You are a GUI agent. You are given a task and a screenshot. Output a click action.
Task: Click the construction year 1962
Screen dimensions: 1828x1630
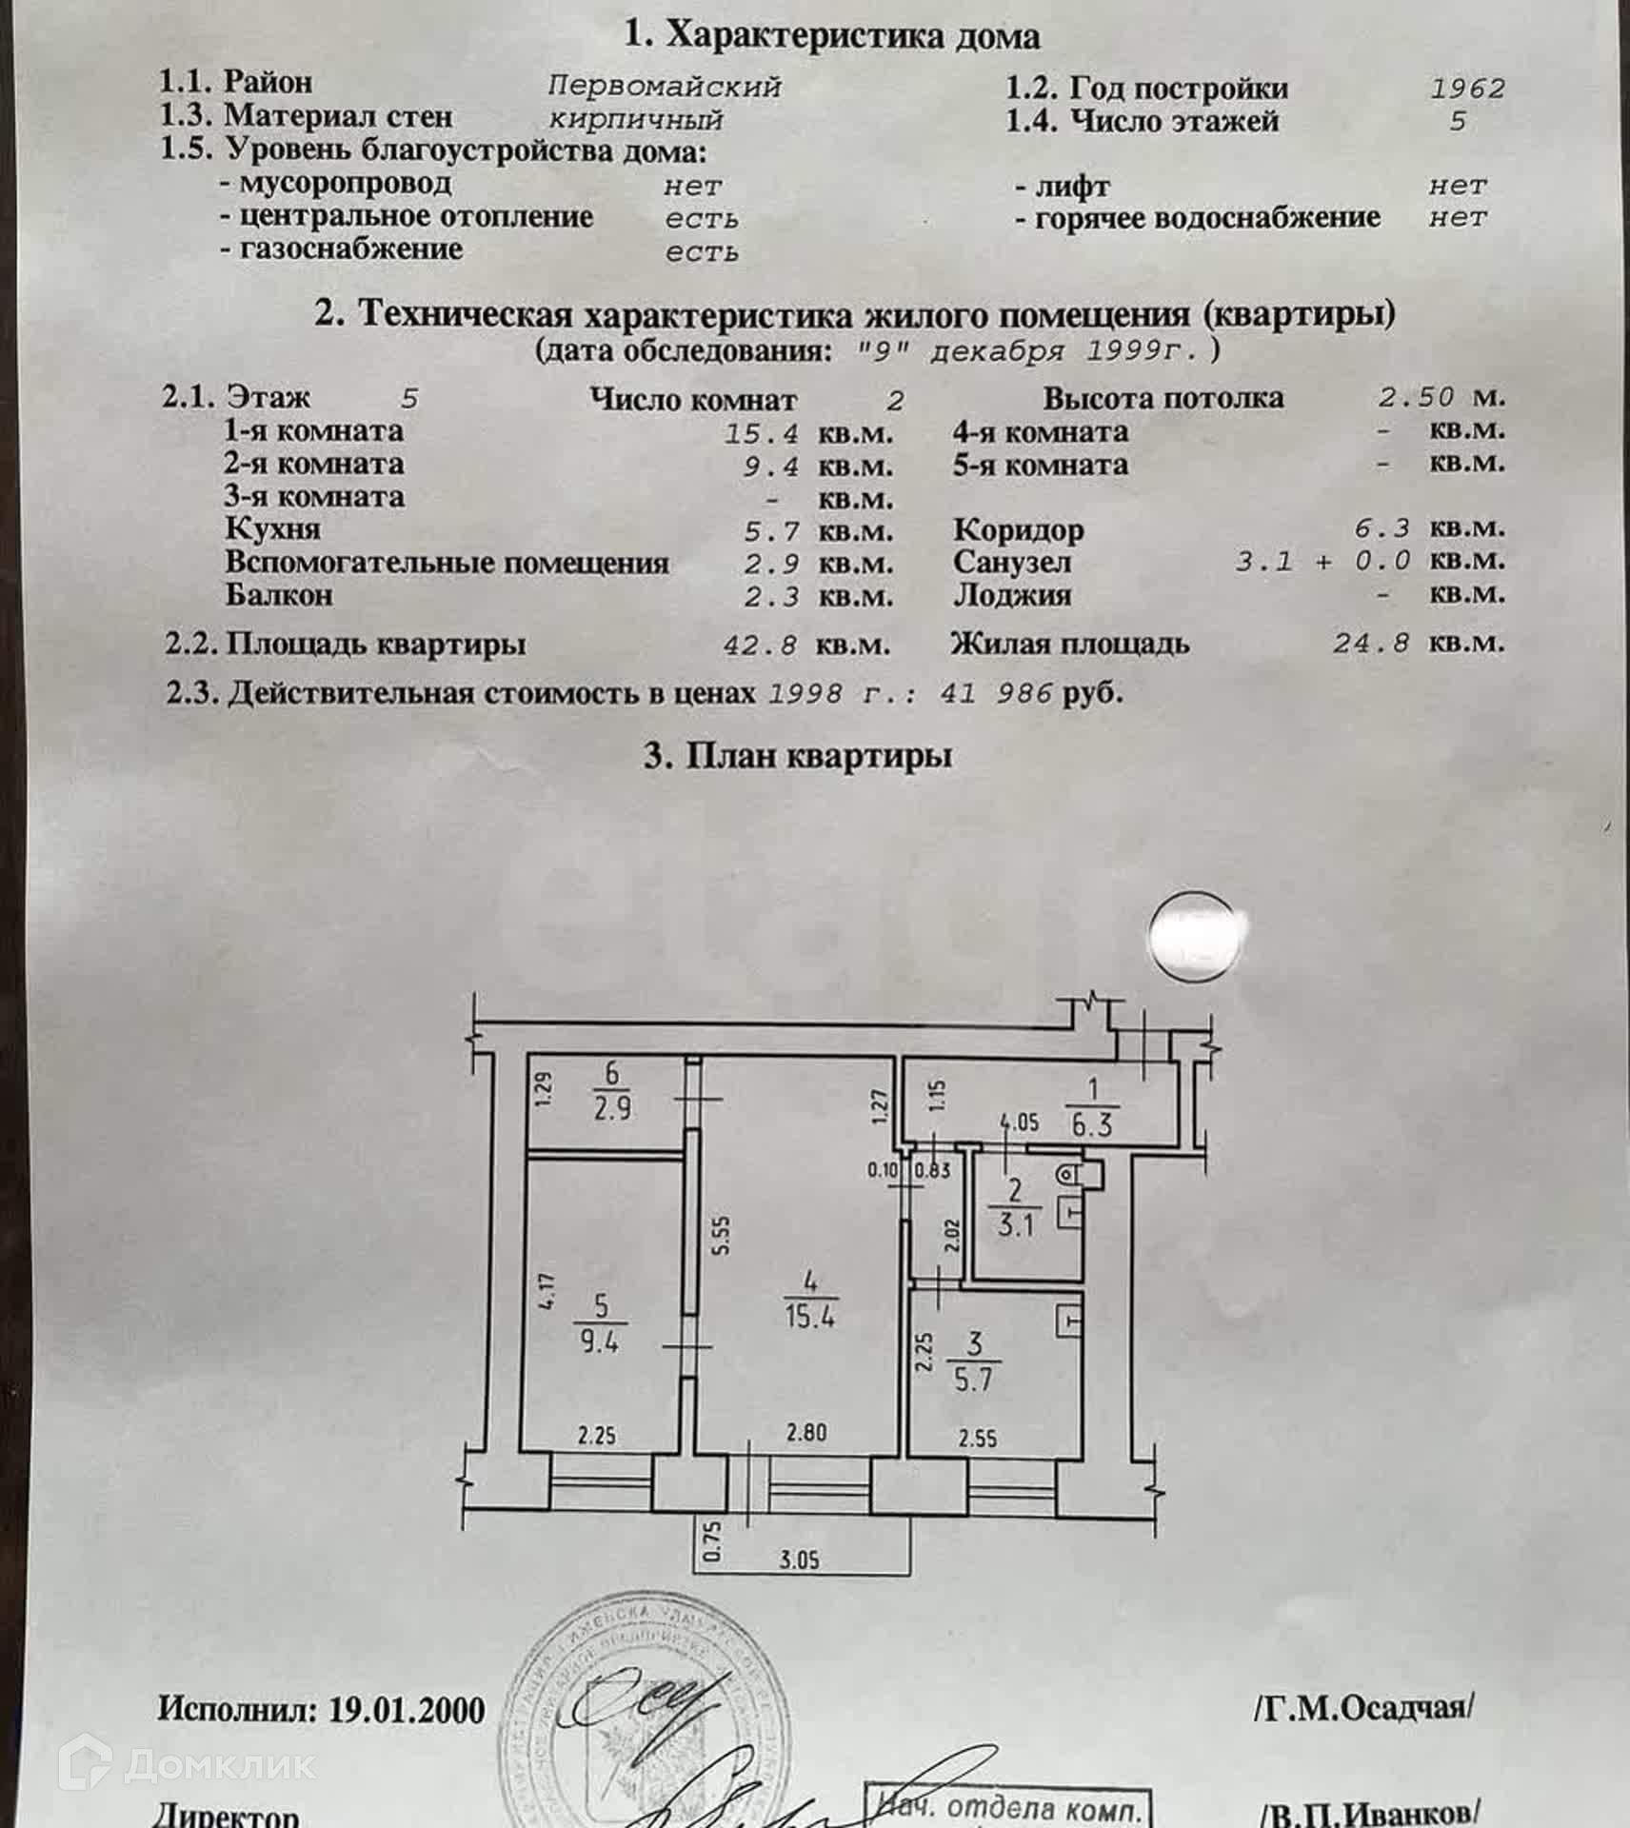pyautogui.click(x=1467, y=89)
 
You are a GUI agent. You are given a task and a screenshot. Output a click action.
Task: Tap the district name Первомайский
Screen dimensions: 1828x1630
pyautogui.click(x=664, y=87)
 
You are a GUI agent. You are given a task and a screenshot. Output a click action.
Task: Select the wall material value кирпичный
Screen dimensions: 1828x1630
pyautogui.click(x=635, y=120)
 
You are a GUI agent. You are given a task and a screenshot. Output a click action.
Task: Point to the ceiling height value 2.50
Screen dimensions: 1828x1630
pyautogui.click(x=1417, y=397)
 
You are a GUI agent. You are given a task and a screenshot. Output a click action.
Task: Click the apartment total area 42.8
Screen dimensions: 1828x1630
pyautogui.click(x=760, y=645)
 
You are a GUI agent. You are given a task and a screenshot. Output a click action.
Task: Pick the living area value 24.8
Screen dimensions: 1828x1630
pyautogui.click(x=1370, y=644)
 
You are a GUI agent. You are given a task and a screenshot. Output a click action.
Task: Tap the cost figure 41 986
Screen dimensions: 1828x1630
pyautogui.click(x=996, y=693)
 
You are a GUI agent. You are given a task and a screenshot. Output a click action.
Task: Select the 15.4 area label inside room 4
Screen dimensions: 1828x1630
pyautogui.click(x=810, y=1318)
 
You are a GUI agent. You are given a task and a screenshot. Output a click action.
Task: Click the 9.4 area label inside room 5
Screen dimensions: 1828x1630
pyautogui.click(x=599, y=1342)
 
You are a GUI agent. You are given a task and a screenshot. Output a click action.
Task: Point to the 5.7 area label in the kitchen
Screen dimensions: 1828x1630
pyautogui.click(x=973, y=1380)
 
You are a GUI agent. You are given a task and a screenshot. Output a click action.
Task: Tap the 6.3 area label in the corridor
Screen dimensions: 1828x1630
pyautogui.click(x=1091, y=1124)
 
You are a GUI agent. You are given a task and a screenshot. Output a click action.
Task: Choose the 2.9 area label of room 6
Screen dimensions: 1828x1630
pyautogui.click(x=611, y=1108)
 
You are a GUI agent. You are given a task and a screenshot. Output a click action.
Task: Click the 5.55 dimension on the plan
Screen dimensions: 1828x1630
pyautogui.click(x=722, y=1235)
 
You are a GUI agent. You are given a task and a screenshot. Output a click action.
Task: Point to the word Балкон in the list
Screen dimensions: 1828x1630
pyautogui.click(x=279, y=595)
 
